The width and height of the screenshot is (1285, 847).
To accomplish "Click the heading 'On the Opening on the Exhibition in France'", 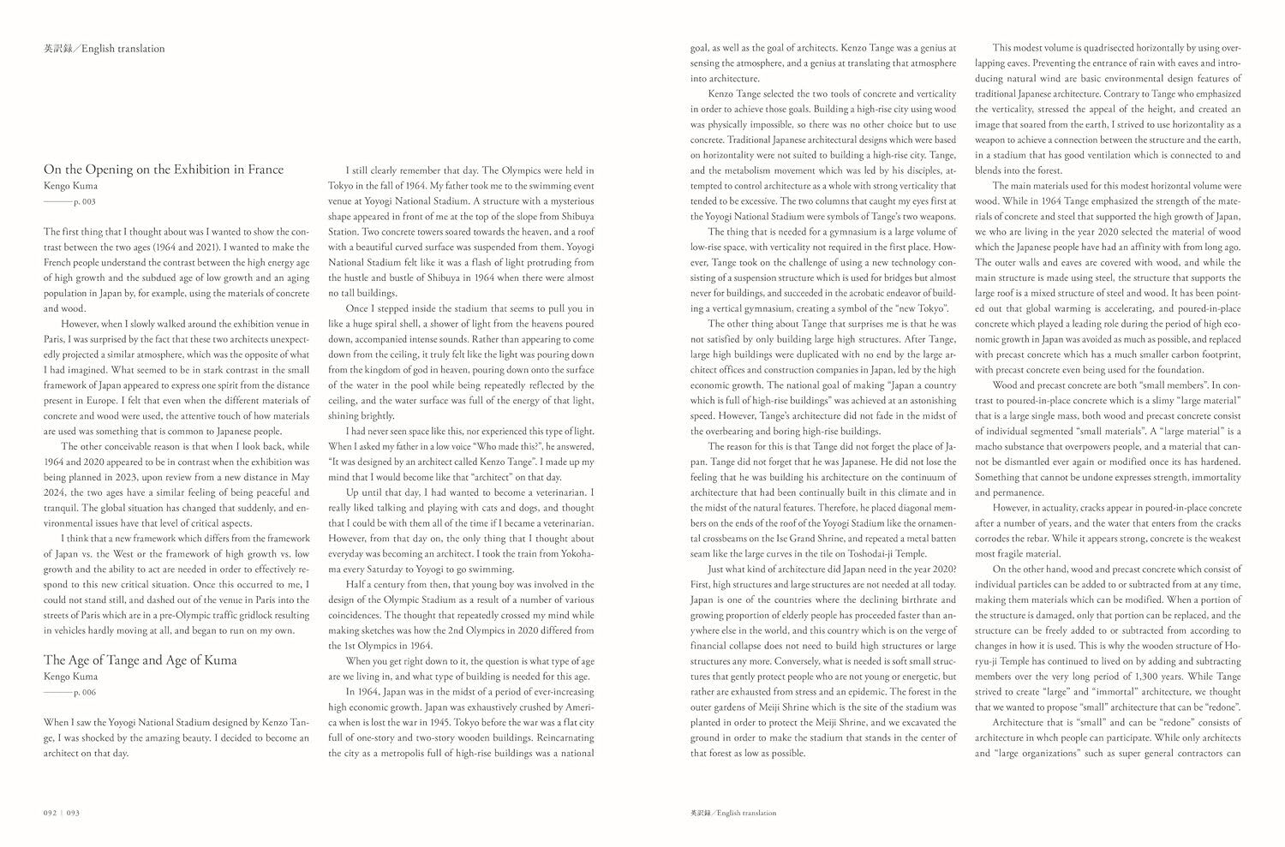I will pyautogui.click(x=164, y=169).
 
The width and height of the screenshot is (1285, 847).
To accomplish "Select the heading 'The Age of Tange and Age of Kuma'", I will pyautogui.click(x=140, y=660).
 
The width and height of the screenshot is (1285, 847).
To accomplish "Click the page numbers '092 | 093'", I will pyautogui.click(x=62, y=813).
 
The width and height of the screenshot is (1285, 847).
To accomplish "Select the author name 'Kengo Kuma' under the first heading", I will pyautogui.click(x=71, y=185).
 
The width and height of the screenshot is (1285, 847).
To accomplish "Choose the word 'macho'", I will pyautogui.click(x=992, y=446).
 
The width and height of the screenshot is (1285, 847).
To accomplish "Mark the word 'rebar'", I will pyautogui.click(x=1050, y=539).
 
